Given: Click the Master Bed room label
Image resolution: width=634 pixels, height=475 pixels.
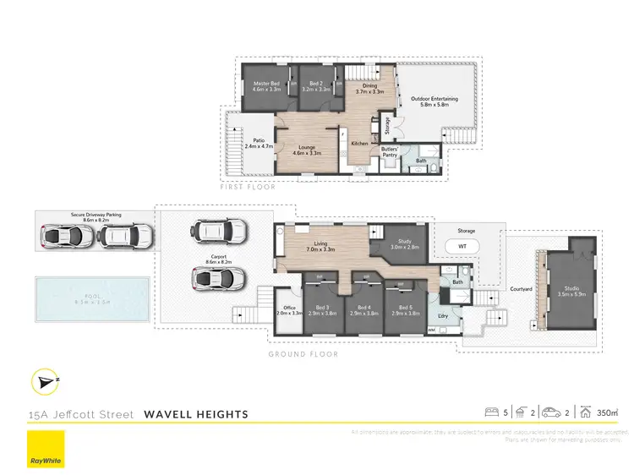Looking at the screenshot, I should pyautogui.click(x=266, y=87).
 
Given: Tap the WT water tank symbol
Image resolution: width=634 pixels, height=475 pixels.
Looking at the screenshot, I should pyautogui.click(x=462, y=246).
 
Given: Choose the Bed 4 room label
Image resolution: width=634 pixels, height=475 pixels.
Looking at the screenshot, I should pyautogui.click(x=364, y=309).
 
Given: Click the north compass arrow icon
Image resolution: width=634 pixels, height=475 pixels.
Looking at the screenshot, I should pyautogui.click(x=44, y=382).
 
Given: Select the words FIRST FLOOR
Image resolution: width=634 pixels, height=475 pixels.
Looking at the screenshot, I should pyautogui.click(x=248, y=187).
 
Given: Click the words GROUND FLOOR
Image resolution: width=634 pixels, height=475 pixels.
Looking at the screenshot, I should pyautogui.click(x=303, y=354).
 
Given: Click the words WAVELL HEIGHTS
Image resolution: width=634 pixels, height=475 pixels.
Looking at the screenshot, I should pyautogui.click(x=196, y=414).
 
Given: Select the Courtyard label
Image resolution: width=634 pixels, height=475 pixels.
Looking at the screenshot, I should pyautogui.click(x=522, y=289).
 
